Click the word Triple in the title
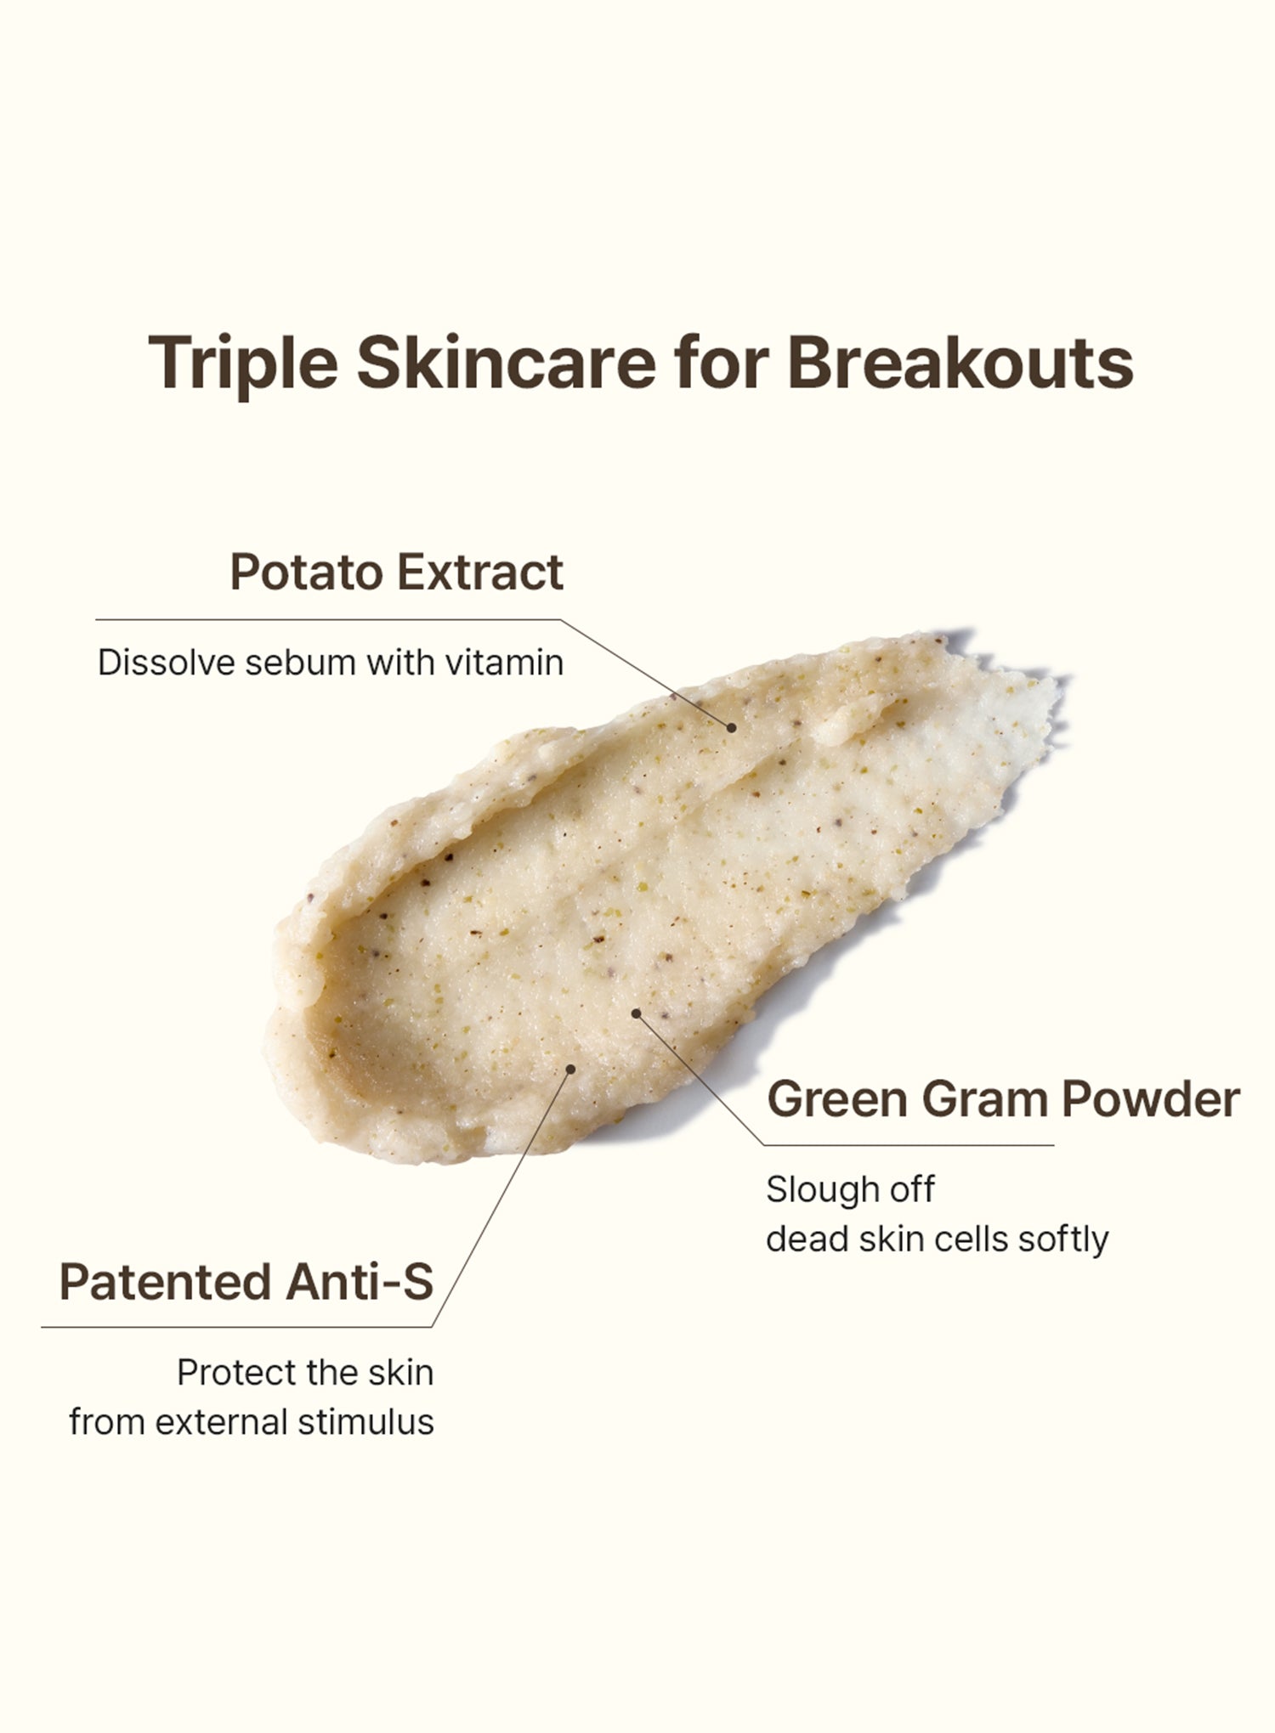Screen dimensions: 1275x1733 [x=243, y=363]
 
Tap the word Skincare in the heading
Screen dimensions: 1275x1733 [x=507, y=362]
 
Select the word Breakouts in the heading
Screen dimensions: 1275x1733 [x=960, y=362]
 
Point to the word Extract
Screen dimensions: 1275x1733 [x=480, y=572]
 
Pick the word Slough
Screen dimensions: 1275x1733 [x=822, y=1190]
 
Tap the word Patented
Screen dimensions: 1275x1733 [x=165, y=1282]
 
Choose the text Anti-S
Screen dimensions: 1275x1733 [x=360, y=1282]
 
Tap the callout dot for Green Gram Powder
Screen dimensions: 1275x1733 [x=636, y=1013]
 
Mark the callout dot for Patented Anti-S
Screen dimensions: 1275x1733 [x=571, y=1069]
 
